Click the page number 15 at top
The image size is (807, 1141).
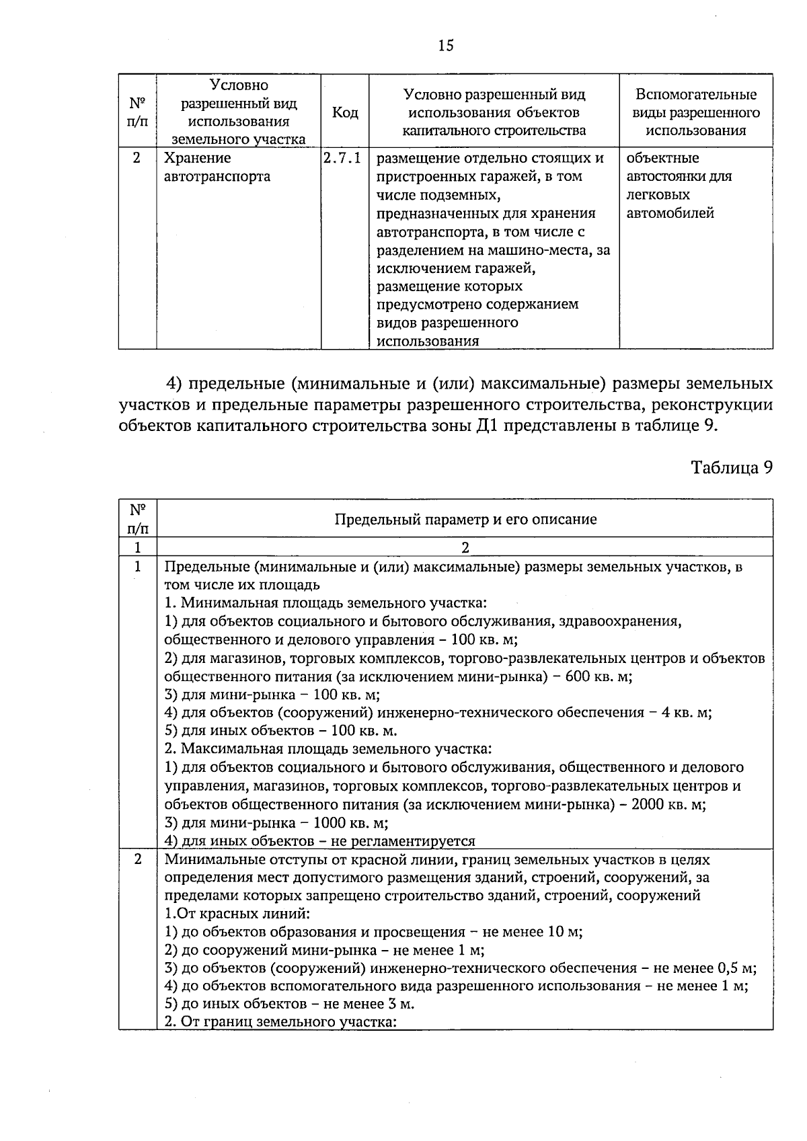click(445, 46)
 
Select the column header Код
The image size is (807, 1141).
click(345, 113)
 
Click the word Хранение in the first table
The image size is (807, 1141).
click(197, 159)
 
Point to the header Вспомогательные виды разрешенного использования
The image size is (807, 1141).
click(696, 112)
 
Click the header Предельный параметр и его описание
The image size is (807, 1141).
click(465, 519)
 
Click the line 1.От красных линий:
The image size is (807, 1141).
click(237, 914)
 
